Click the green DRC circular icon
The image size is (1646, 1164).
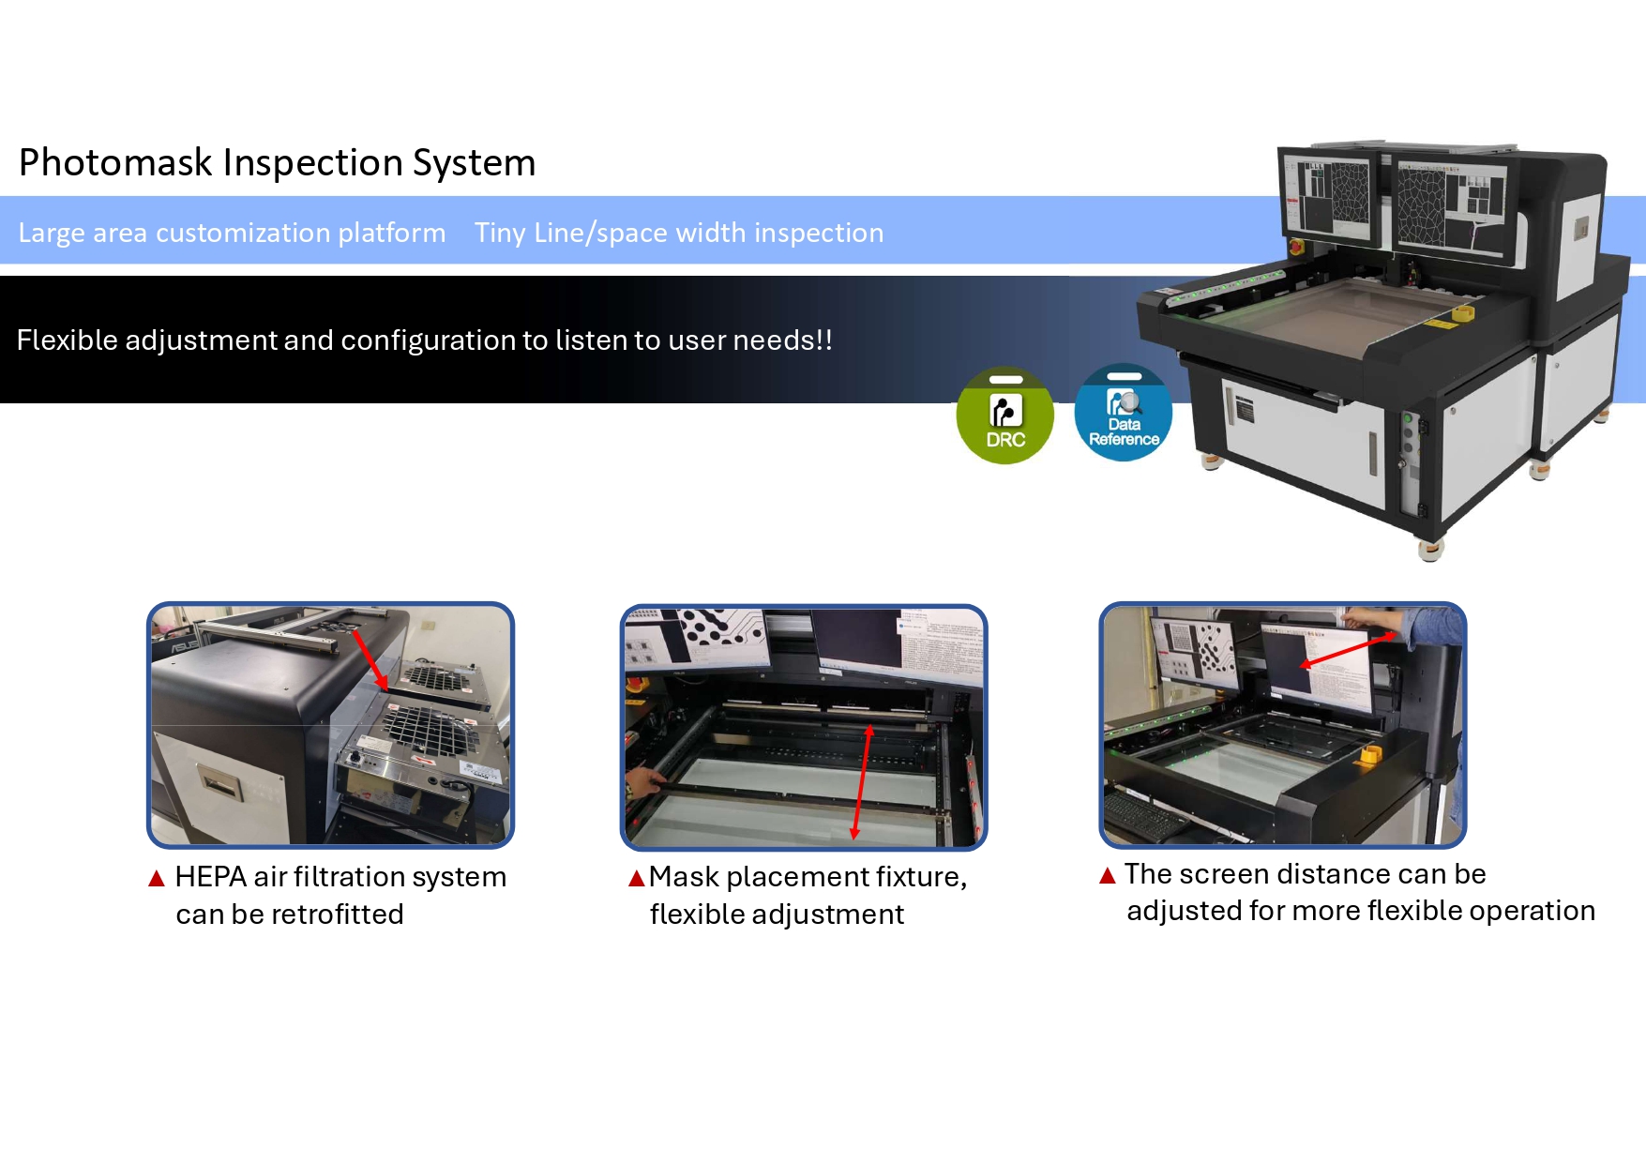1004,416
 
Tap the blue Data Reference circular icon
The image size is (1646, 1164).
1123,412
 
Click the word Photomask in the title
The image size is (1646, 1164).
116,163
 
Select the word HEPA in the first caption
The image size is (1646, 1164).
210,877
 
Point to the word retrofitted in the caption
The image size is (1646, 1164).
337,915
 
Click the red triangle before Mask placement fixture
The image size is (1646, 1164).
637,878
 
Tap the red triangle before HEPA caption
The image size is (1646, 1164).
157,879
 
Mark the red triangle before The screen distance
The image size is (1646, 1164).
1108,875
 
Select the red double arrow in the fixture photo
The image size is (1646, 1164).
862,780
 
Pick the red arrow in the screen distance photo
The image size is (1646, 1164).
1347,650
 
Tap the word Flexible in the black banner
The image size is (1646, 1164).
67,340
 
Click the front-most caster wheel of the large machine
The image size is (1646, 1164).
1429,550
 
